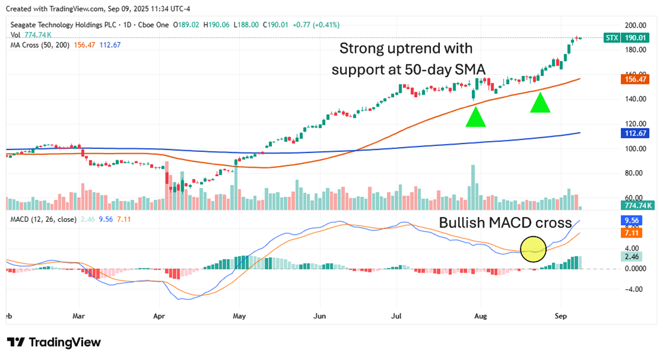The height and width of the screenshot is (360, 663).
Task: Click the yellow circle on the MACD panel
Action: pos(533,247)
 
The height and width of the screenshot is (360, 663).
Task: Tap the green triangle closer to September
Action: pos(541,103)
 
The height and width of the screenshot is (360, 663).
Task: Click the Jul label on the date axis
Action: pos(397,315)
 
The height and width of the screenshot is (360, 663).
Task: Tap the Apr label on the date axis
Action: pos(159,315)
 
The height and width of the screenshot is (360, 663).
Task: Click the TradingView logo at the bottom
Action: pos(54,342)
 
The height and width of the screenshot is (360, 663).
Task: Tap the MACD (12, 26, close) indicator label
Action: pos(43,219)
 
